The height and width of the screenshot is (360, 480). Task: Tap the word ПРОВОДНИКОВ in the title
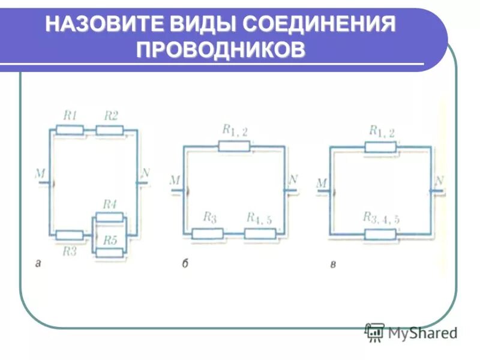221,50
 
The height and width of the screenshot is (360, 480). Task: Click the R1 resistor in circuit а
69,130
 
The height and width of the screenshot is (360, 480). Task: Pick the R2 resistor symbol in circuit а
109,130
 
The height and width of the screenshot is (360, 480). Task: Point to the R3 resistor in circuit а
69,235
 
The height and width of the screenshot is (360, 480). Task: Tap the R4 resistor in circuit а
109,217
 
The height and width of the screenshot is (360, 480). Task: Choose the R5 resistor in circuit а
109,252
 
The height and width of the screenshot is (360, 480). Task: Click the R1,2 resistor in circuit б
234,146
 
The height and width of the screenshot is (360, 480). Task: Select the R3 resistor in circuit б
208,233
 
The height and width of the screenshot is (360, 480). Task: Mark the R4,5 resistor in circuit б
260,233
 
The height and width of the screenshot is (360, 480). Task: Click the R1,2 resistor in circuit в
380,146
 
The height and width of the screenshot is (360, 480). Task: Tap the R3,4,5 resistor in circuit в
380,233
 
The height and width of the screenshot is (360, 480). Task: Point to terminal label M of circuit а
40,174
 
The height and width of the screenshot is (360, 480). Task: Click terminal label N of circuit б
293,179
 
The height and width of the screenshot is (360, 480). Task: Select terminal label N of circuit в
440,181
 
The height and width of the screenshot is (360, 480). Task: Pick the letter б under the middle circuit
185,263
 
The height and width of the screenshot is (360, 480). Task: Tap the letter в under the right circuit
332,263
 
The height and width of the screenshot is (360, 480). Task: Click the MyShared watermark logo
411,332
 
